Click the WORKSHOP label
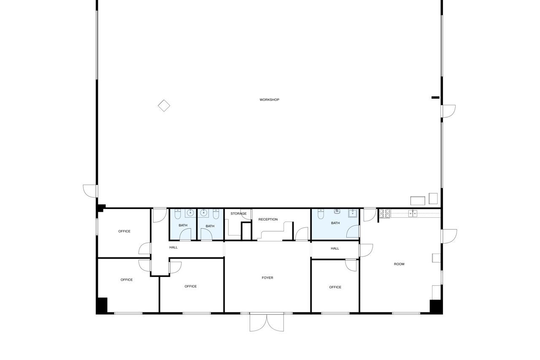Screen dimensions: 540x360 (x=269, y=100)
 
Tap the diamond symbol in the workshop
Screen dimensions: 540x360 (x=164, y=106)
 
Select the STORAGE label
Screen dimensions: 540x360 (x=238, y=214)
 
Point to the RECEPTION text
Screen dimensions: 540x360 (x=268, y=219)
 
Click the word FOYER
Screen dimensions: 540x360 (x=267, y=278)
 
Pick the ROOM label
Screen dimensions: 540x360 (x=399, y=264)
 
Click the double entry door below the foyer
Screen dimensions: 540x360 (x=267, y=322)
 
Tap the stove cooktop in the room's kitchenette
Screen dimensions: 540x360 (x=384, y=214)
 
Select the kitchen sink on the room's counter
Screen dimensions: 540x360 (x=413, y=214)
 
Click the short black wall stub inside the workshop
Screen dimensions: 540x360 (x=435, y=97)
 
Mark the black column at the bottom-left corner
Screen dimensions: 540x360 (x=102, y=306)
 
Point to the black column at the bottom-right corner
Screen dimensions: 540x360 (x=436, y=307)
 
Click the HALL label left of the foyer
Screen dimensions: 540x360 (x=173, y=247)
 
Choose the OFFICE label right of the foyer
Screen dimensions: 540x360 (x=335, y=287)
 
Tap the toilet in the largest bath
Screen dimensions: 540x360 (x=321, y=214)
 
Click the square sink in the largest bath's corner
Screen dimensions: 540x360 (x=353, y=214)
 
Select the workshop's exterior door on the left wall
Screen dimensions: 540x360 (x=90, y=191)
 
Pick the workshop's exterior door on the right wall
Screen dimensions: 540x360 (x=448, y=111)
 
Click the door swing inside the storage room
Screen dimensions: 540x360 (x=246, y=214)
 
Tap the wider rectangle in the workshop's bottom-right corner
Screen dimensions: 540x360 (x=418, y=200)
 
